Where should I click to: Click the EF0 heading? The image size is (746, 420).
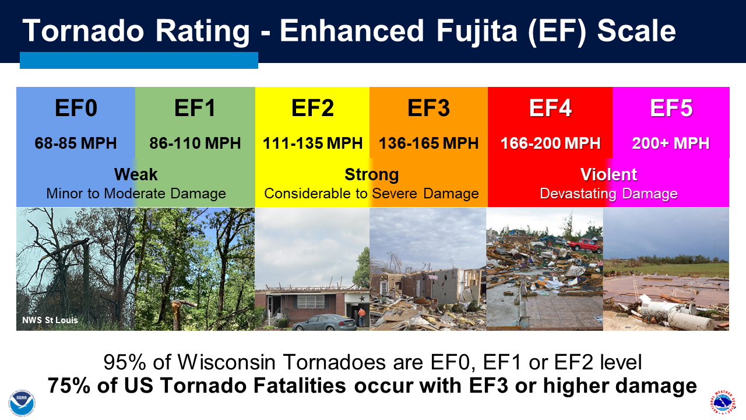[76, 108]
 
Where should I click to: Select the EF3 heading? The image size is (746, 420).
[428, 108]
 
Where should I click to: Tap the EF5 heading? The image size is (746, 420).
[671, 108]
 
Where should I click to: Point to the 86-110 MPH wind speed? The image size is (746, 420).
[195, 143]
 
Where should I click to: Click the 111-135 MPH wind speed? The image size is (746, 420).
[312, 143]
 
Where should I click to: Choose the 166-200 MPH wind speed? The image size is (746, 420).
[550, 143]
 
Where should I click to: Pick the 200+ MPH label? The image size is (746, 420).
[671, 143]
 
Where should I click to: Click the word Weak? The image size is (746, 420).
[136, 174]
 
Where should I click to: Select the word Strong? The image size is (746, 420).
[372, 175]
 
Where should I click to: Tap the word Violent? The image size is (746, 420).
[609, 174]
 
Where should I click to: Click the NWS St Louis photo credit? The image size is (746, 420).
[50, 320]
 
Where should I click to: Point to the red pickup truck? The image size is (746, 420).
[585, 246]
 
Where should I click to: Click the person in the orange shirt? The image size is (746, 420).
[361, 317]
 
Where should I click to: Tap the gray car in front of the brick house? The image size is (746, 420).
[323, 323]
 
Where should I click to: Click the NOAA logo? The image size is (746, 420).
[22, 403]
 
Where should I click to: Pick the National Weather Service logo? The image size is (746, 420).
[723, 403]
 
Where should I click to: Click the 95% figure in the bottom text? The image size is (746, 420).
[125, 362]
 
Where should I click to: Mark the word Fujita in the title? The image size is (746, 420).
[477, 32]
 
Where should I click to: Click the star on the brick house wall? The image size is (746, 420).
[363, 298]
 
